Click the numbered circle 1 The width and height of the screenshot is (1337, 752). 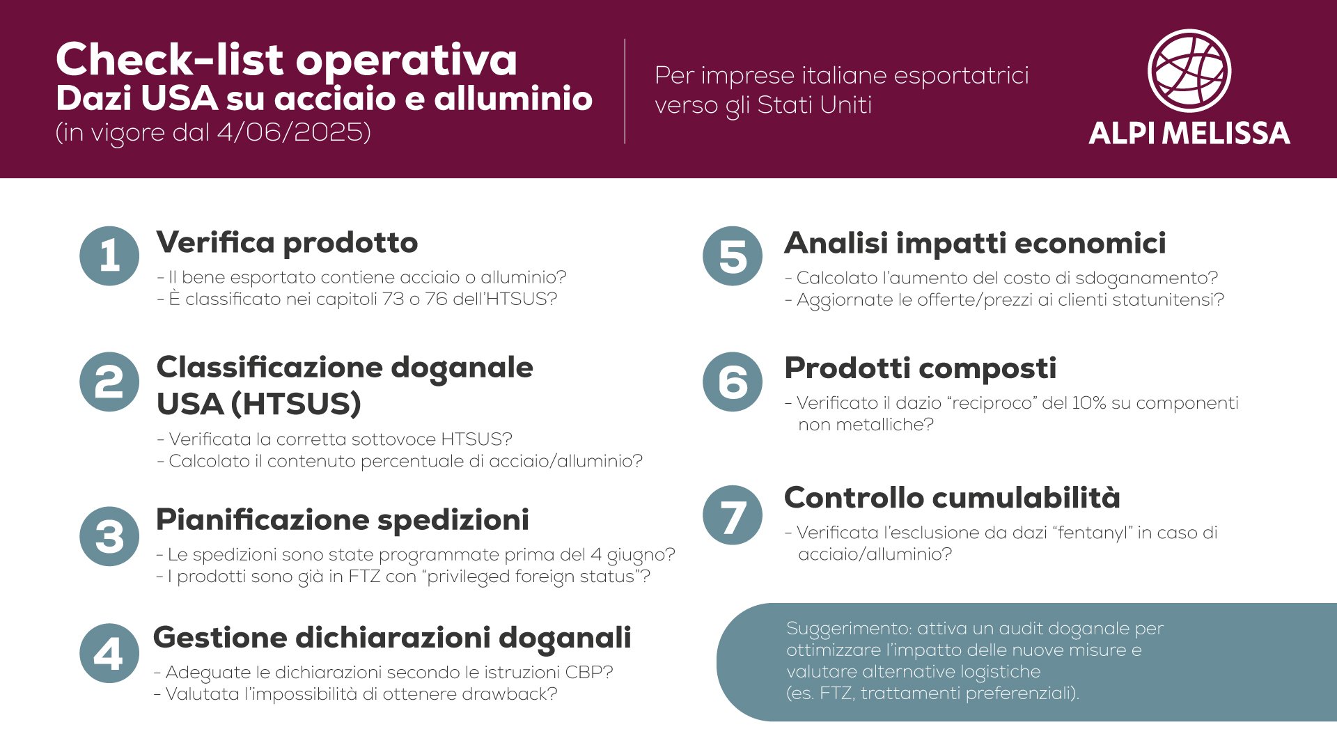109,256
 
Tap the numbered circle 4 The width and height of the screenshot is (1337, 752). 109,653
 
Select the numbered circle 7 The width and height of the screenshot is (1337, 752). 733,515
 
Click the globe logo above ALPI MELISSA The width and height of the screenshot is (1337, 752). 1189,70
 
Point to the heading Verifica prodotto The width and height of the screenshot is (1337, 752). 287,242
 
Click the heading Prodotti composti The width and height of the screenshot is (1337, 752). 920,368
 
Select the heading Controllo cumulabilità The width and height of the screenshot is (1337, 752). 952,497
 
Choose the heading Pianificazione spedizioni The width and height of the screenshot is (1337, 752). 343,519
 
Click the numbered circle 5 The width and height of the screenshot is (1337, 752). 733,256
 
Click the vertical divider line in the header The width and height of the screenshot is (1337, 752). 625,91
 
